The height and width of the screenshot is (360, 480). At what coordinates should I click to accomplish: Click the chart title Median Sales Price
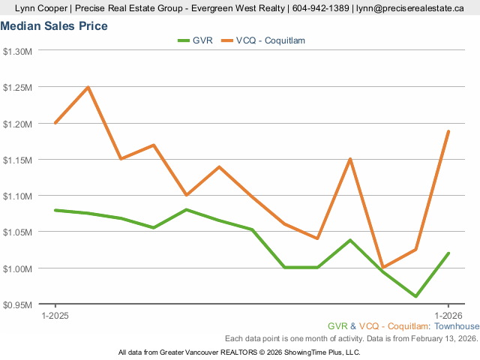click(x=54, y=26)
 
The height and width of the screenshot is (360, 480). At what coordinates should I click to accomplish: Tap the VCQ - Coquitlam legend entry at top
click(x=271, y=40)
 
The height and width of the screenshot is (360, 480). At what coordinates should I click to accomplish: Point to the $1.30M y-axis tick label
click(x=18, y=51)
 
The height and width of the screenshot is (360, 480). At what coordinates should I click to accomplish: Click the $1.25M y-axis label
click(x=18, y=87)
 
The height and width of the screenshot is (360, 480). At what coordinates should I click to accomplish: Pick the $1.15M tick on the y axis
click(x=18, y=160)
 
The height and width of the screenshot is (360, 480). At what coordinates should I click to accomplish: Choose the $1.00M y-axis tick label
click(x=18, y=268)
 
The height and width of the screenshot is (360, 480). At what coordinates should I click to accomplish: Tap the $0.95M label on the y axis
click(x=18, y=304)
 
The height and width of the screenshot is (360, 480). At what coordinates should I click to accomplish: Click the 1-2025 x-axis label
click(x=55, y=316)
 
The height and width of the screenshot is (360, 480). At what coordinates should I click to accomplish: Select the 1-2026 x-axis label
click(x=448, y=316)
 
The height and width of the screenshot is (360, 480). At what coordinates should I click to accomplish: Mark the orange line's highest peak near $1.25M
click(x=88, y=87)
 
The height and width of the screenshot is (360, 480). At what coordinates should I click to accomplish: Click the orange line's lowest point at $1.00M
click(x=382, y=268)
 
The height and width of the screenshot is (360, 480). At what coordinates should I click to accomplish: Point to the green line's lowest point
click(x=415, y=296)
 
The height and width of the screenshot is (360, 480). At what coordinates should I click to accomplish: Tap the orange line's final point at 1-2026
click(x=448, y=131)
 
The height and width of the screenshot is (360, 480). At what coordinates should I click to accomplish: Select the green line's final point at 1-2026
click(x=448, y=253)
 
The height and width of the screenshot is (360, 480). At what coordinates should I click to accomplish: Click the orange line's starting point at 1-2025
click(x=55, y=123)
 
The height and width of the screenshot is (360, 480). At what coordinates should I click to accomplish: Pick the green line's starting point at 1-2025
click(x=55, y=210)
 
